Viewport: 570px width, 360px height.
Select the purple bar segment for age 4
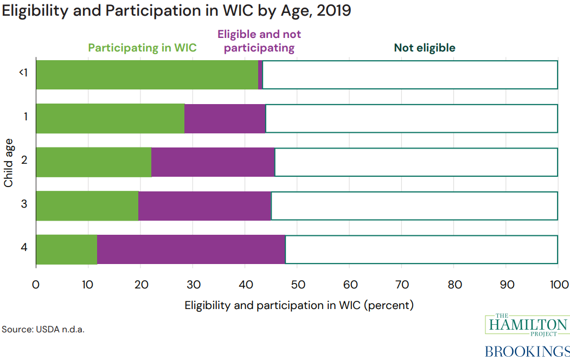191,249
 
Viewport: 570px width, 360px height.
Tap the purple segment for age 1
225,119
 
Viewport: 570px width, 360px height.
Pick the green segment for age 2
93,162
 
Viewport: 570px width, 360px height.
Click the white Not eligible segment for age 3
414,205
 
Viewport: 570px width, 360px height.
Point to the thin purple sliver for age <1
260,75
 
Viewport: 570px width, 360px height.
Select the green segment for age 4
66,249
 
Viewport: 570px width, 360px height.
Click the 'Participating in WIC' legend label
142,48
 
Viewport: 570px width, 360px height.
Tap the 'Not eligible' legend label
425,48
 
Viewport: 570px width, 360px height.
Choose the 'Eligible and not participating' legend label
259,41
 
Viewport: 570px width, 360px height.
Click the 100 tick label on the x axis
559,284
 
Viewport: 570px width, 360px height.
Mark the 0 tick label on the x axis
36,284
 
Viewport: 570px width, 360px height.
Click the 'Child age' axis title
9,162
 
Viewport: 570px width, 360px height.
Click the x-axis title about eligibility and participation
299,305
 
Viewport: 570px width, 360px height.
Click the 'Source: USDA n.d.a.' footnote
43,329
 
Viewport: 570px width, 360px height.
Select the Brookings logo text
527,351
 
